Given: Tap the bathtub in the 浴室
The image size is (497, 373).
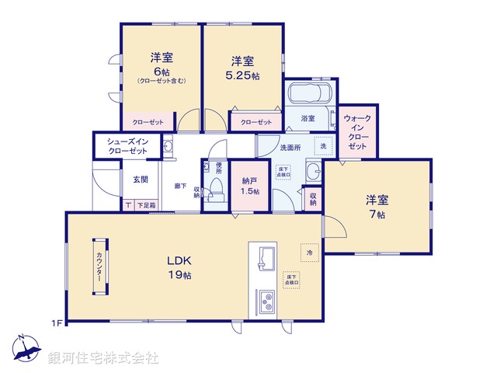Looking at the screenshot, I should [x=309, y=96].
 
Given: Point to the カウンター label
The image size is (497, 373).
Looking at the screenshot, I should [x=99, y=266].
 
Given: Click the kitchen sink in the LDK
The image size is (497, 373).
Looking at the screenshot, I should [x=265, y=257].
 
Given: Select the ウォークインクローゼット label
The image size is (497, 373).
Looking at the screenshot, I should [x=357, y=133].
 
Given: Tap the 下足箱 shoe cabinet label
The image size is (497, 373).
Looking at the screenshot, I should [x=146, y=205].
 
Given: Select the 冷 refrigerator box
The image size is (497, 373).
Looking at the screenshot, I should [x=308, y=252].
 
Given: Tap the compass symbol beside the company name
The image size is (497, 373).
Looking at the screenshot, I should [x=23, y=350].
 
